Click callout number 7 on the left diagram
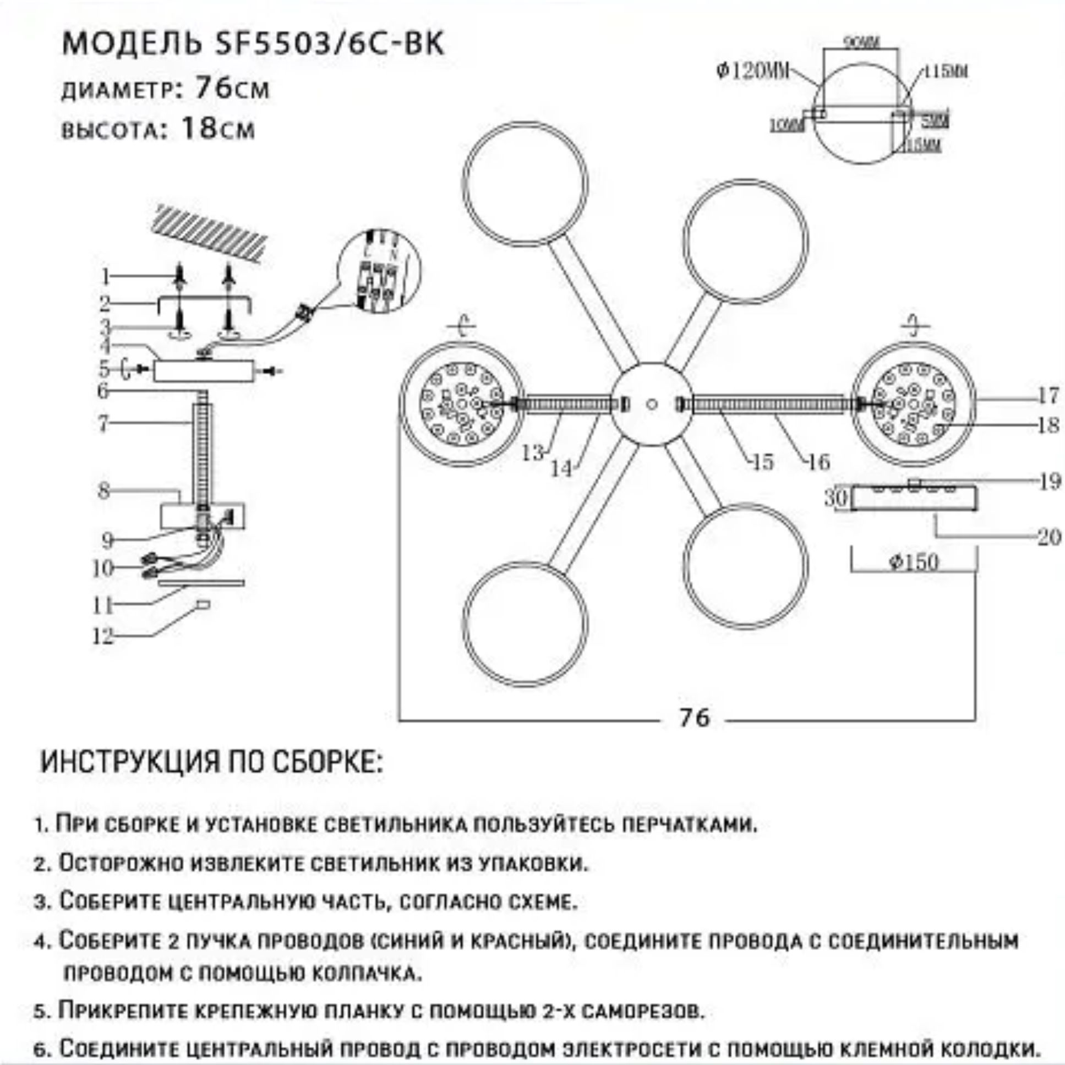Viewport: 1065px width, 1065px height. (102, 424)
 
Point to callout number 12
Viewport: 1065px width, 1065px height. (103, 637)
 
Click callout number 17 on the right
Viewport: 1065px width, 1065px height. (1047, 395)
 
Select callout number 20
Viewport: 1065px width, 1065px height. (1048, 537)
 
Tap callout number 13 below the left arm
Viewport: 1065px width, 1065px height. (533, 453)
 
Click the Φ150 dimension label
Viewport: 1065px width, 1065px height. (913, 562)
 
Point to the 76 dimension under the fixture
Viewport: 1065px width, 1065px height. (694, 718)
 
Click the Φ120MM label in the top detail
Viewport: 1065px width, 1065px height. (752, 71)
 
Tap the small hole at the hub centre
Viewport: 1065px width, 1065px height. (652, 404)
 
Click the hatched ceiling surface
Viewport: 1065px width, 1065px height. (212, 233)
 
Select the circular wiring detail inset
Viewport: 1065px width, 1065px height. (378, 274)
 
